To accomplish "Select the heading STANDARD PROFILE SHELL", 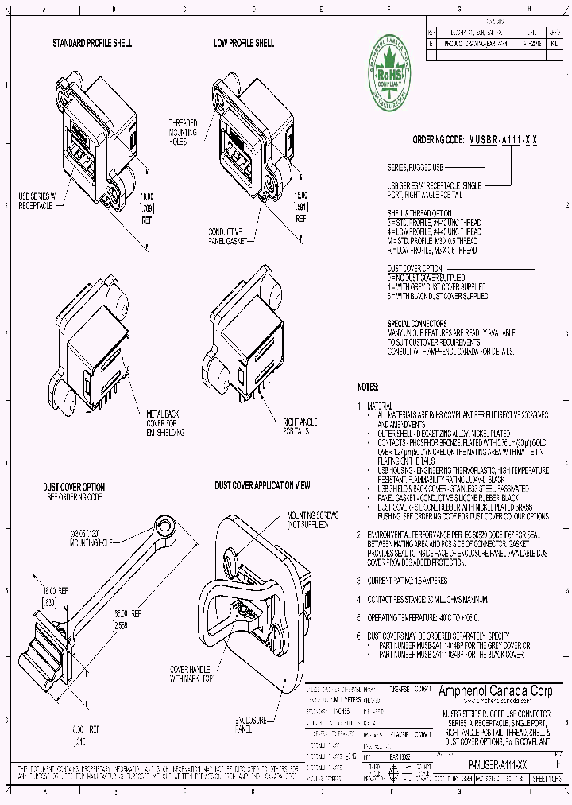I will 92,42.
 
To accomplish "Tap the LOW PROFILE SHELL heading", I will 244,42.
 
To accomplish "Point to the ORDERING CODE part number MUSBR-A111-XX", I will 502,139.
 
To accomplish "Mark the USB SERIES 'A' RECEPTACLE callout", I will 37,200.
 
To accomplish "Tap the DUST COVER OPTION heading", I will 74,486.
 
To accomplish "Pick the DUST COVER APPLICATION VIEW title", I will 262,484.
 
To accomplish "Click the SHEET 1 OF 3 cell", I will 547,780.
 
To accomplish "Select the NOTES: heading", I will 368,387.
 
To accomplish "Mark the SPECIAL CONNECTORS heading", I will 417,323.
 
